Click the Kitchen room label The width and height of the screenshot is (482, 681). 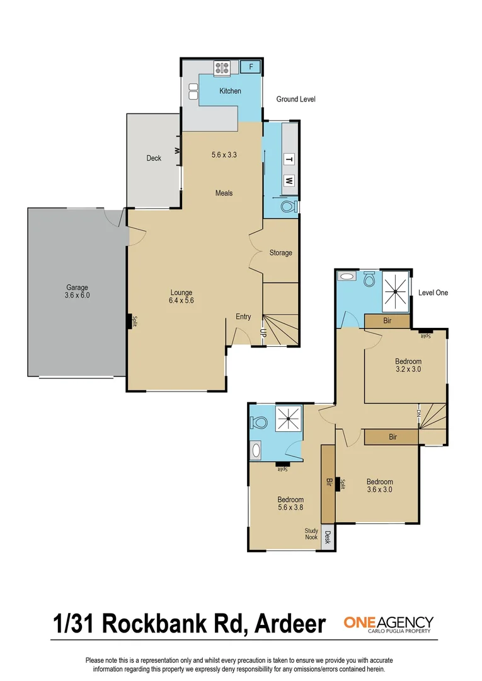pos(230,91)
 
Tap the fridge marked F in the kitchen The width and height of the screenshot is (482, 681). pos(251,66)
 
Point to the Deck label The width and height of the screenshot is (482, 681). pos(154,158)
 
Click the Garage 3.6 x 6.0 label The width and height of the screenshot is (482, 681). pos(77,291)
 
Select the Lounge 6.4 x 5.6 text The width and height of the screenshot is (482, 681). pos(181,296)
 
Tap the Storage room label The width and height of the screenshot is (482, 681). pos(280,253)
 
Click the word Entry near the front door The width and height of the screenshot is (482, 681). pos(243,317)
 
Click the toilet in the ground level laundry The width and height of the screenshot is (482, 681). pos(289,206)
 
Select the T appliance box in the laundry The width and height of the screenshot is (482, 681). pos(289,160)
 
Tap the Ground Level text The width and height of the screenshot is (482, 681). pos(296,100)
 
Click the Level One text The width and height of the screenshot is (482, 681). pos(433,293)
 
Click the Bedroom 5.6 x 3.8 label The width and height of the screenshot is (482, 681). pos(290,504)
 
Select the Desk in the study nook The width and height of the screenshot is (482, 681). pos(328,538)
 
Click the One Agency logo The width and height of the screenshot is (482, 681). pos(388,624)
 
